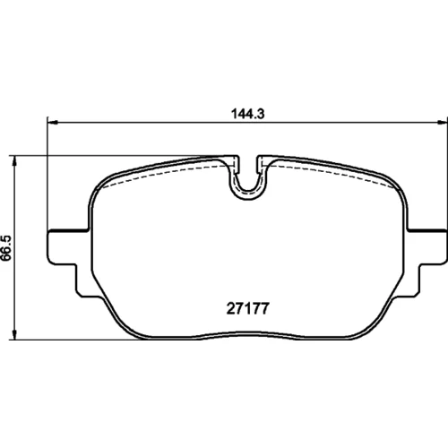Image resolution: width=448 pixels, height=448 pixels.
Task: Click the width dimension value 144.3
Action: click(248, 114)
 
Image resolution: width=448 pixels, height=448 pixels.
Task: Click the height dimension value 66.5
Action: click(6, 248)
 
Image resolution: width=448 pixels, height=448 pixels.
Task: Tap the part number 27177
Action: click(248, 308)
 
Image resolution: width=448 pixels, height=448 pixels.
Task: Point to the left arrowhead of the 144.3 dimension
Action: click(52, 122)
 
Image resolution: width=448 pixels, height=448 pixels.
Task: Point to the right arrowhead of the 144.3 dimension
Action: click(443, 122)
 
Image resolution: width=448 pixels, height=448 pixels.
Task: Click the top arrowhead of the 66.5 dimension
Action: click(13, 160)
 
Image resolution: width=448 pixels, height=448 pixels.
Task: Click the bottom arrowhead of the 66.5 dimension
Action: click(13, 334)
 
